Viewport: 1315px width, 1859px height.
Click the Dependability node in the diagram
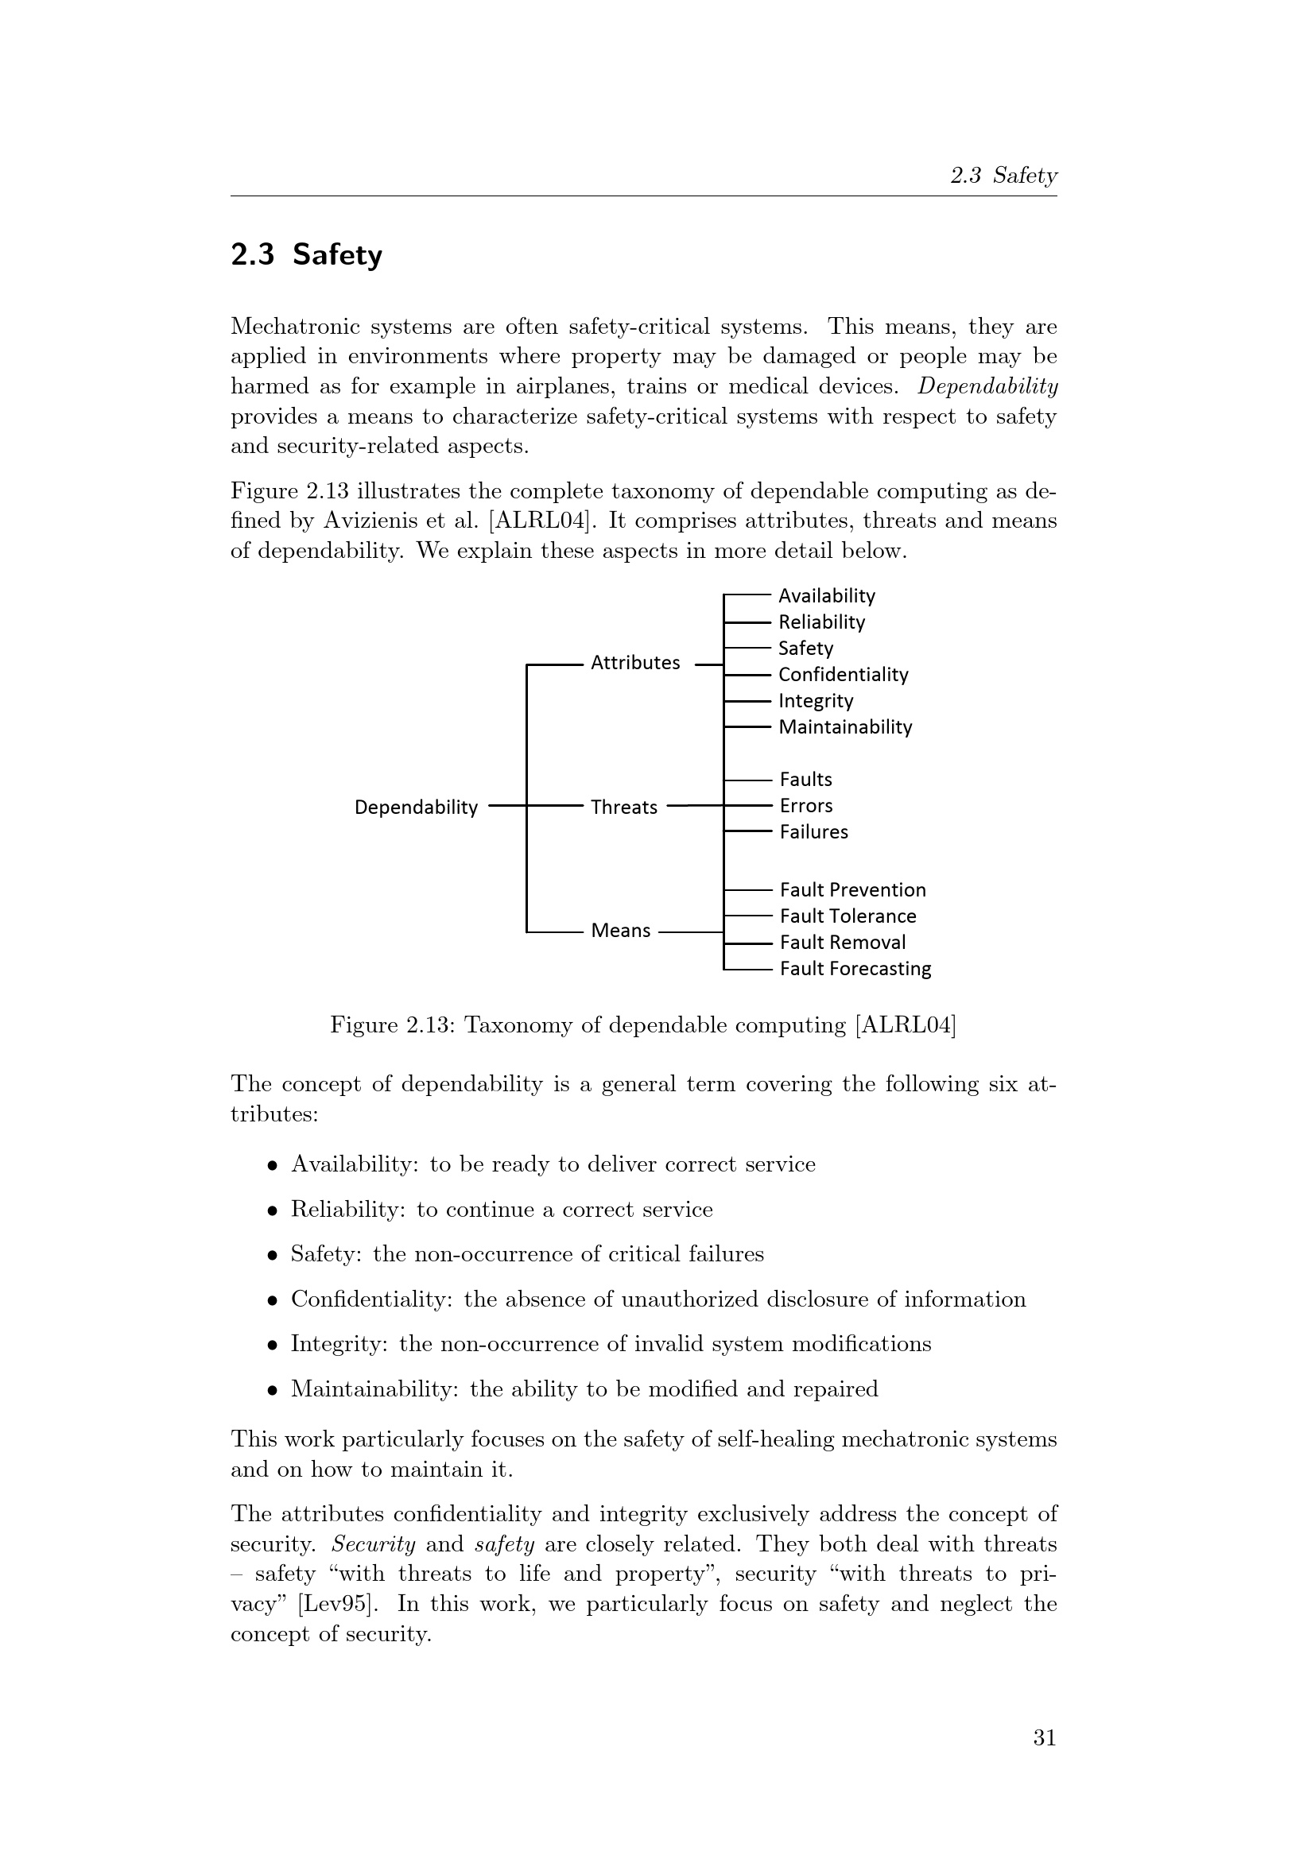(416, 808)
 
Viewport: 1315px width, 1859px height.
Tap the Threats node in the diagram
(623, 808)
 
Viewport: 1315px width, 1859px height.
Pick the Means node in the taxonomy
(620, 931)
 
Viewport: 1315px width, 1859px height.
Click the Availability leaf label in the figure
(827, 596)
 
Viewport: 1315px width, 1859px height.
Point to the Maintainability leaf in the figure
(845, 727)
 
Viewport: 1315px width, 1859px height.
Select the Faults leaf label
(805, 780)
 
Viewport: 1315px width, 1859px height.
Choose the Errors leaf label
(805, 806)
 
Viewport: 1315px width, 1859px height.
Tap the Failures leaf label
(814, 832)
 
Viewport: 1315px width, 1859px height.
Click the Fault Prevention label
(852, 890)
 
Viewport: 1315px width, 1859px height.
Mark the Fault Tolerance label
(848, 916)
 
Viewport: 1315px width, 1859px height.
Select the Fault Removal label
(842, 943)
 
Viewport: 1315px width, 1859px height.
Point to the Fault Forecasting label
(855, 969)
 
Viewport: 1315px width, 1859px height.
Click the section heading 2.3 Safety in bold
(306, 255)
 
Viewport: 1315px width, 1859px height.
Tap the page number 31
(1045, 1737)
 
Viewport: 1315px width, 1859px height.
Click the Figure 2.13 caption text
(643, 1026)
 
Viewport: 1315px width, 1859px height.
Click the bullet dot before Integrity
(273, 1345)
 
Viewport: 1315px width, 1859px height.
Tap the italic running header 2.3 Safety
(1003, 176)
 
